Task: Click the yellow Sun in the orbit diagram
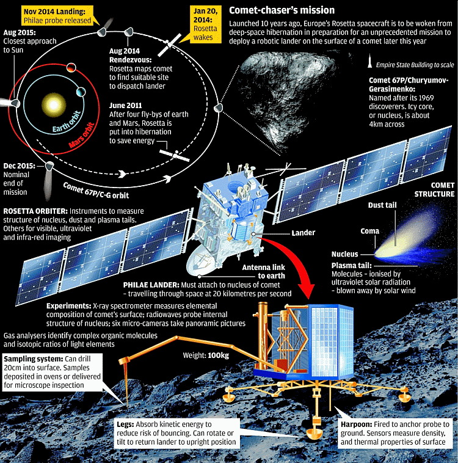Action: click(54, 104)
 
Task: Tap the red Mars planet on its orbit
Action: click(71, 68)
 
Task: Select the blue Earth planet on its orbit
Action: click(81, 92)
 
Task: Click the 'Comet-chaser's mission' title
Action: click(282, 10)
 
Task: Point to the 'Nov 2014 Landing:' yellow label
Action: click(54, 12)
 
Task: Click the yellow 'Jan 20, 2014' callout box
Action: click(206, 24)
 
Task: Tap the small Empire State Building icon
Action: click(369, 60)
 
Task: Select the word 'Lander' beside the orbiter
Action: click(304, 233)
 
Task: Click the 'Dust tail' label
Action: click(382, 205)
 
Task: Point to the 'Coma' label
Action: click(369, 231)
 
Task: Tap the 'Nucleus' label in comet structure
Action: click(344, 254)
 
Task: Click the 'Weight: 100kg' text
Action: click(206, 355)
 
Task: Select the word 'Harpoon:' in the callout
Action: click(357, 425)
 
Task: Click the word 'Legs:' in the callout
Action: click(125, 425)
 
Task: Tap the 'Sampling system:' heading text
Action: click(34, 359)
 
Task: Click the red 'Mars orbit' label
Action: click(81, 135)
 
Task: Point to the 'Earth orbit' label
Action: click(67, 122)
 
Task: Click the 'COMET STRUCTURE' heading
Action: click(434, 189)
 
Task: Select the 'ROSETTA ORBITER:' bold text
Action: click(35, 211)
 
